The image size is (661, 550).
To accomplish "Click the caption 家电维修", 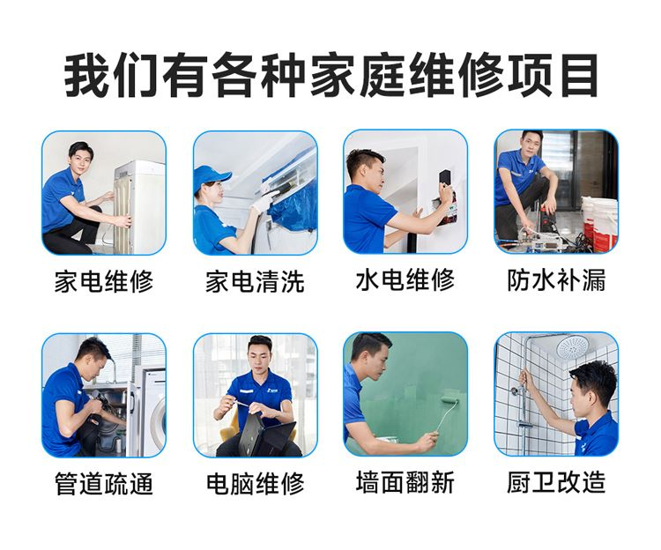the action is [104, 281].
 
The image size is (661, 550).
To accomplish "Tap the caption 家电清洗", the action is [255, 281].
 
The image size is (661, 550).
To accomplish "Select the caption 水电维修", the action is [405, 279].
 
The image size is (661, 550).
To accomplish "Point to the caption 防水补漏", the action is [556, 279].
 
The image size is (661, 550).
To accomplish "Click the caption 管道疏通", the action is [104, 483].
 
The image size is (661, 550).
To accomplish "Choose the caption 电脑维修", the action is [255, 483].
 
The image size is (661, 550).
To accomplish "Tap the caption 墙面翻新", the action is [405, 482].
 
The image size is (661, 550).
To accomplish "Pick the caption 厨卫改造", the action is [556, 482].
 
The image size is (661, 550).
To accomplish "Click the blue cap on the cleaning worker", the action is [211, 176].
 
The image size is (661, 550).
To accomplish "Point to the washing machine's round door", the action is [159, 425].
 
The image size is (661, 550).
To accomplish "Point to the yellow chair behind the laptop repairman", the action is [231, 430].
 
